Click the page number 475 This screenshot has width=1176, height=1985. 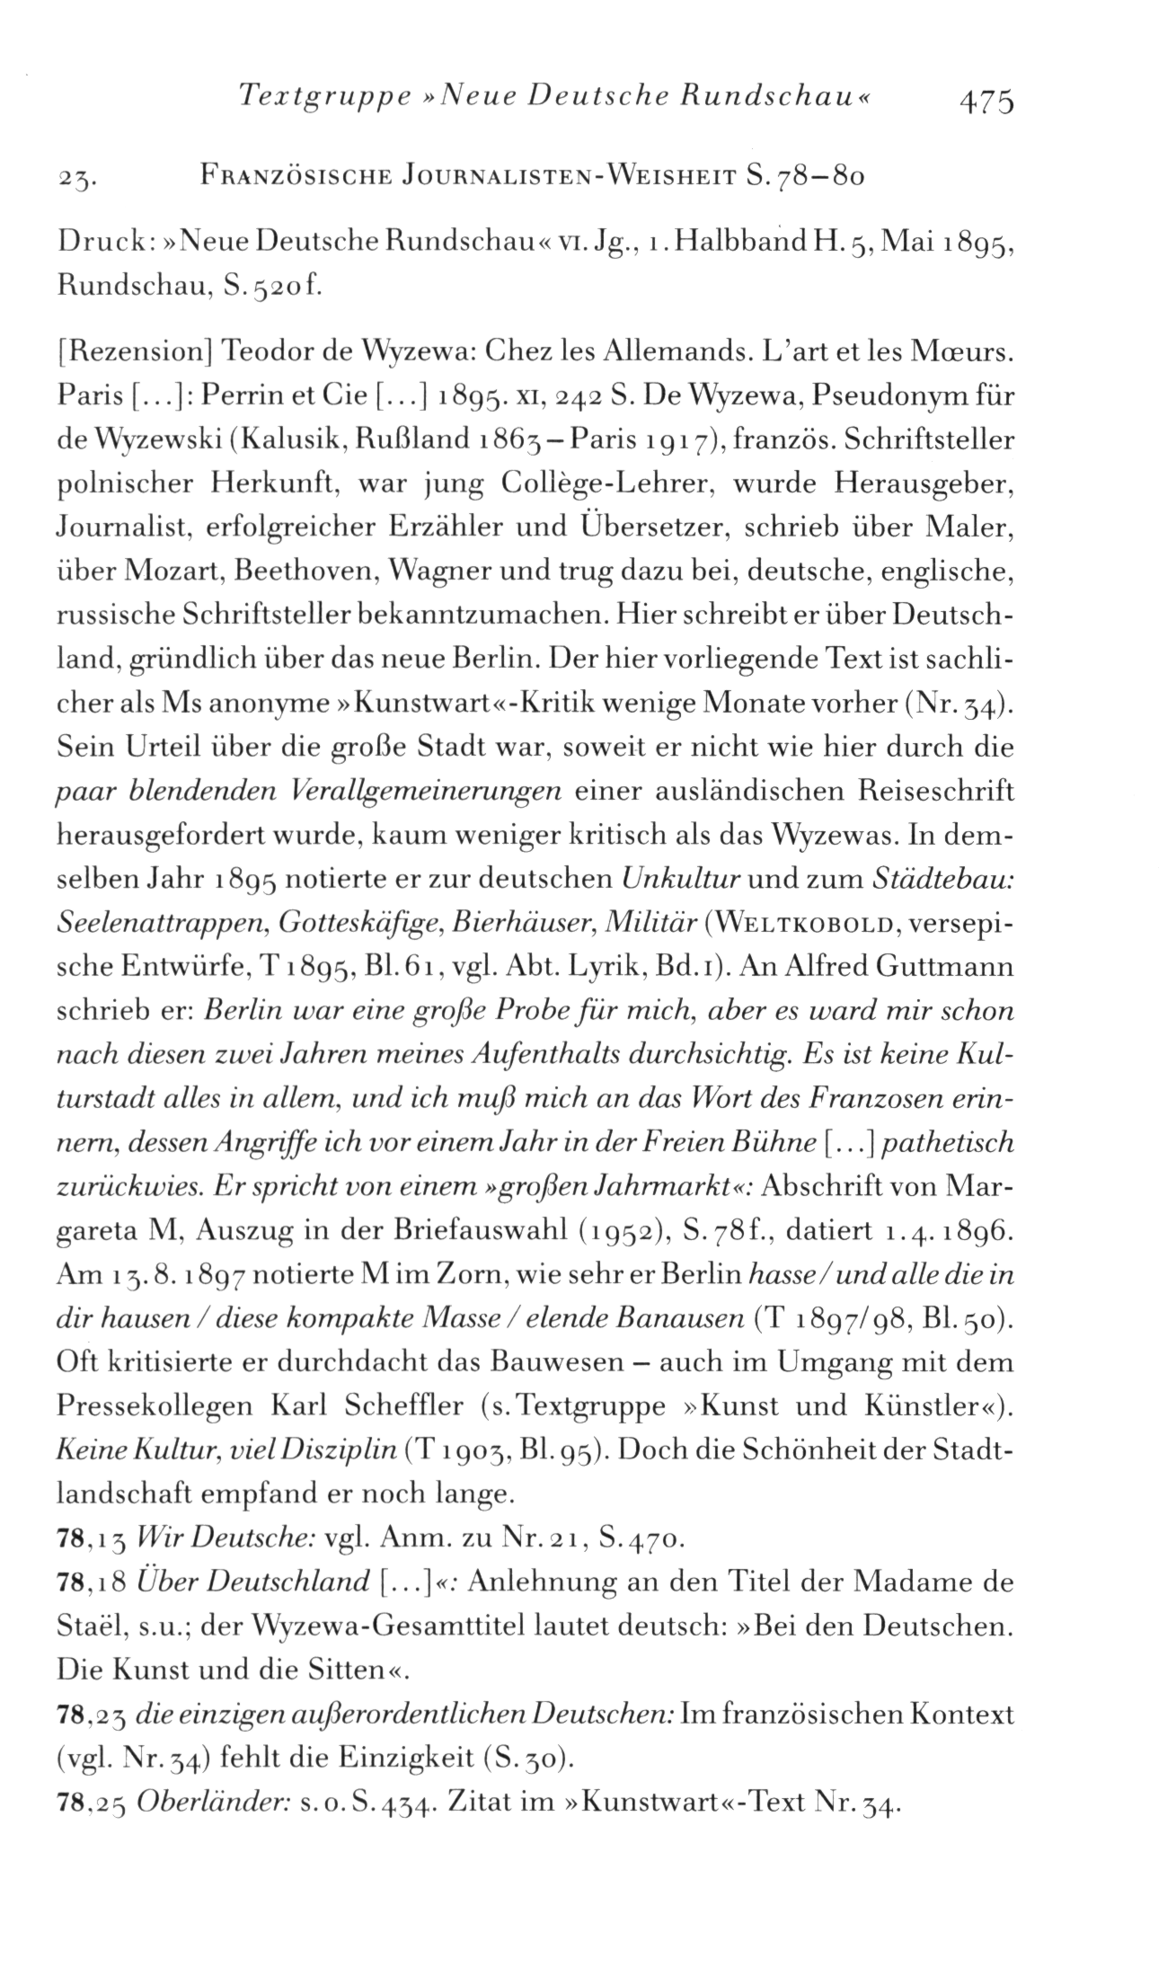[x=986, y=100]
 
